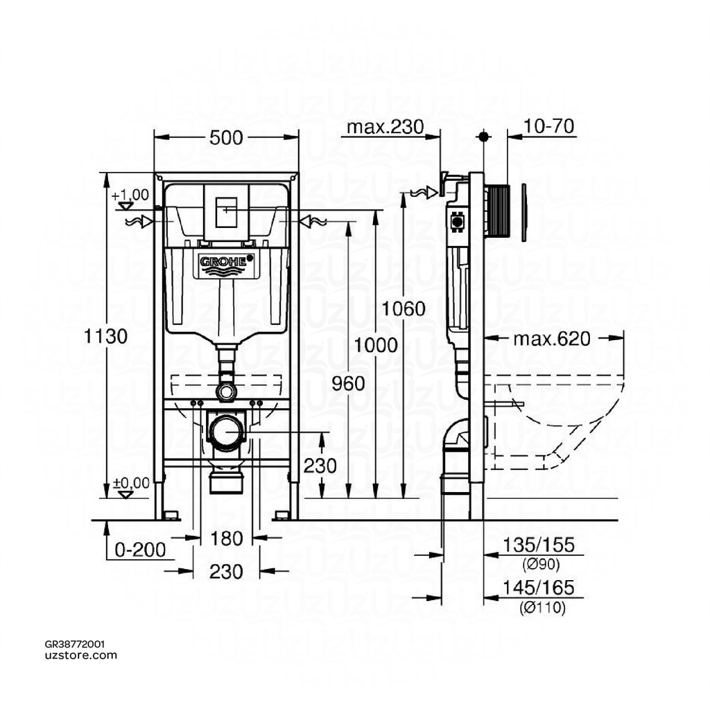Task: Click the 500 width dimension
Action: coord(226,138)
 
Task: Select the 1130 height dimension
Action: coord(106,337)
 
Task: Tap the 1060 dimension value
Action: coord(404,308)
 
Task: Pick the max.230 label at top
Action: coord(384,127)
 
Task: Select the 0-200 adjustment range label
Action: coord(140,550)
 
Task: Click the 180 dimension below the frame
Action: coord(226,538)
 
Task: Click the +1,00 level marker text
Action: coord(130,195)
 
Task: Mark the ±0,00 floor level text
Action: coord(130,482)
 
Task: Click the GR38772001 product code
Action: coord(75,644)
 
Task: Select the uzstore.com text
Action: coord(80,655)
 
